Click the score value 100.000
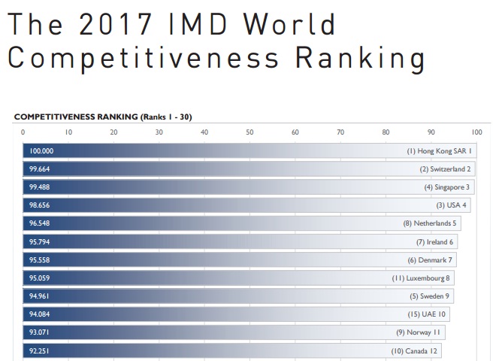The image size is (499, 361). pyautogui.click(x=41, y=151)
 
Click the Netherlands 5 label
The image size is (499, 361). pyautogui.click(x=429, y=223)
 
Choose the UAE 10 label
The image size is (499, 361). pyautogui.click(x=428, y=314)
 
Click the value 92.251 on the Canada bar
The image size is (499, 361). pyautogui.click(x=40, y=350)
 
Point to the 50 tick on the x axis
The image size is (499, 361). pyautogui.click(x=249, y=132)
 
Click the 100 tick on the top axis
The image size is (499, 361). pyautogui.click(x=476, y=132)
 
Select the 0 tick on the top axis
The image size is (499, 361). pyautogui.click(x=23, y=132)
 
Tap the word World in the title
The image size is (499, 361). pyautogui.click(x=292, y=25)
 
